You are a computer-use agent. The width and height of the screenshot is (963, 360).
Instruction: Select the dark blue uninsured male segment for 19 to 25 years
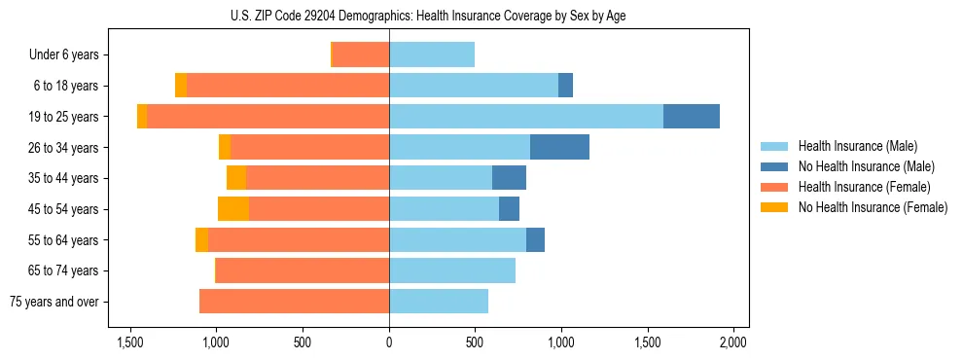pyautogui.click(x=692, y=117)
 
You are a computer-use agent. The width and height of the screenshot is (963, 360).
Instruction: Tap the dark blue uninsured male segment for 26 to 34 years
pyautogui.click(x=559, y=147)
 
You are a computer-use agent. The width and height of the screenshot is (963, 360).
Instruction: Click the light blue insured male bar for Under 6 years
pyautogui.click(x=432, y=54)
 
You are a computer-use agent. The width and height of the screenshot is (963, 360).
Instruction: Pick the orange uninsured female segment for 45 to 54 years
pyautogui.click(x=233, y=209)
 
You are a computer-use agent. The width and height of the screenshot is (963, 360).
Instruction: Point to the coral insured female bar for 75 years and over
pyautogui.click(x=294, y=302)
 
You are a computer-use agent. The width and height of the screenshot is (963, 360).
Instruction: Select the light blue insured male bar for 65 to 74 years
pyautogui.click(x=452, y=270)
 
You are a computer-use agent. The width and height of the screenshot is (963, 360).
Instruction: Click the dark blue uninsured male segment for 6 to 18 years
pyautogui.click(x=565, y=86)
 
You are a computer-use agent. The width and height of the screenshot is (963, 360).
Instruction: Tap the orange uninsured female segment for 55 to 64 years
pyautogui.click(x=201, y=240)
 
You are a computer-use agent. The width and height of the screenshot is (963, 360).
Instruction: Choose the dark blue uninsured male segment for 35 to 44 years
pyautogui.click(x=509, y=178)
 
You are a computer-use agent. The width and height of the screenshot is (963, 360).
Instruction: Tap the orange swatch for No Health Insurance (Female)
pyautogui.click(x=775, y=207)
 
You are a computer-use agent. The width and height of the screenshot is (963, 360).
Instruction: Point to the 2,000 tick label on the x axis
pyautogui.click(x=732, y=342)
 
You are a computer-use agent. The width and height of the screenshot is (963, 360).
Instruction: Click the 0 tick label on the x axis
pyautogui.click(x=389, y=342)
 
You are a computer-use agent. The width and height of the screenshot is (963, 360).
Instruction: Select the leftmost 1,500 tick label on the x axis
pyautogui.click(x=130, y=342)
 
